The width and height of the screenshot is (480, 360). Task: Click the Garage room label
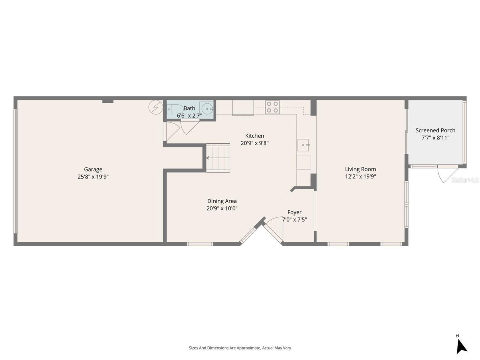tap(93, 169)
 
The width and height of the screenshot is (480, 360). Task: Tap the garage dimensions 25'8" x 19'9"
tap(93, 177)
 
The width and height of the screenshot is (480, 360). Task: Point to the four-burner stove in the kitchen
tap(273, 107)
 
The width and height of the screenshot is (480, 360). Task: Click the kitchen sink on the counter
tap(303, 144)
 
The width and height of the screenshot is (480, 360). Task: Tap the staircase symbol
tap(218, 157)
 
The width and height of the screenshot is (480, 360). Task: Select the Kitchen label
tap(255, 136)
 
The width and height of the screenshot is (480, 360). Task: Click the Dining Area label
tap(222, 201)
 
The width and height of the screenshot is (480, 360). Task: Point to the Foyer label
tap(294, 212)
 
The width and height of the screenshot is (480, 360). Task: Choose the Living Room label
tap(360, 169)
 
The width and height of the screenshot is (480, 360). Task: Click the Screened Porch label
tap(435, 130)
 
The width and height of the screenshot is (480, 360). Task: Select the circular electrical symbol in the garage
tap(155, 107)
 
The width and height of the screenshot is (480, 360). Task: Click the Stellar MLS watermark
tap(465, 180)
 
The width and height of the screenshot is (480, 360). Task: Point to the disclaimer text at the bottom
tap(240, 348)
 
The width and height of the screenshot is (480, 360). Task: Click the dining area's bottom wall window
tap(200, 244)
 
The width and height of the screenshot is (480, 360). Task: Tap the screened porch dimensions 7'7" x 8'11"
tap(435, 138)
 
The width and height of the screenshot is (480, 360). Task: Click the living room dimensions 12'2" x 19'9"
tap(360, 176)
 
